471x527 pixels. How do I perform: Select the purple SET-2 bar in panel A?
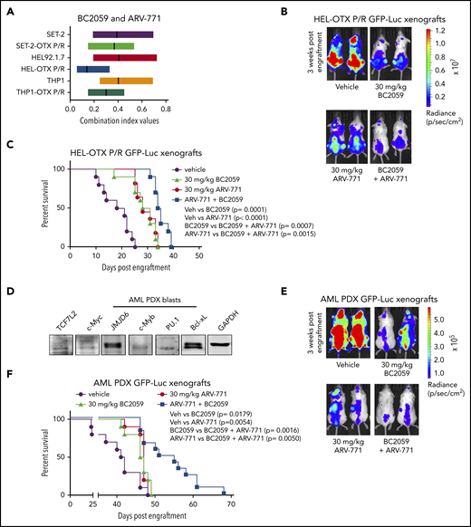(120, 34)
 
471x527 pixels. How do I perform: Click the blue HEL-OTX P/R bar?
(93, 68)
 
